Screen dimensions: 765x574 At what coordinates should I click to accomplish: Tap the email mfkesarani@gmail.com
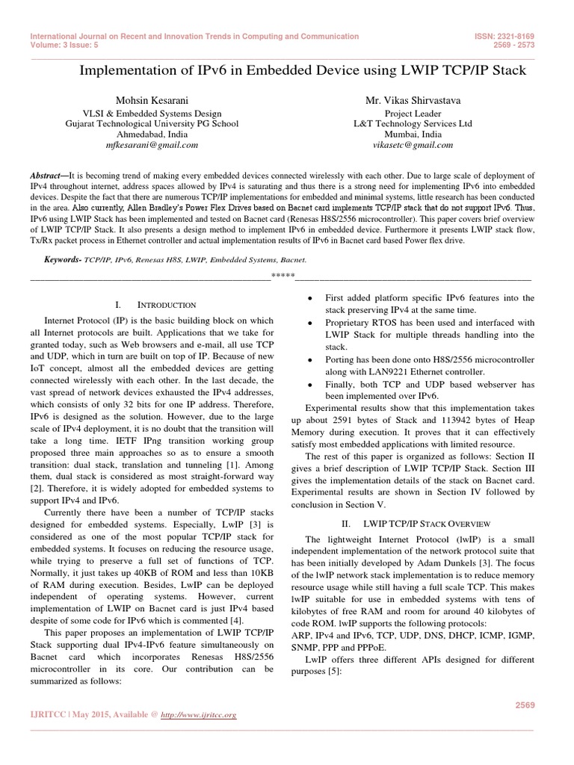[x=152, y=145]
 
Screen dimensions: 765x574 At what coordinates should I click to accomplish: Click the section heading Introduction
[x=167, y=305]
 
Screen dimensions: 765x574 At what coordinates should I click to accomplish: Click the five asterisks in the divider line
[x=282, y=277]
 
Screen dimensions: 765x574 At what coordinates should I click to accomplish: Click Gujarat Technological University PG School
[x=152, y=123]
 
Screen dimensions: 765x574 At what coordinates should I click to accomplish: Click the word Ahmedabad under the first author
[x=139, y=134]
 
